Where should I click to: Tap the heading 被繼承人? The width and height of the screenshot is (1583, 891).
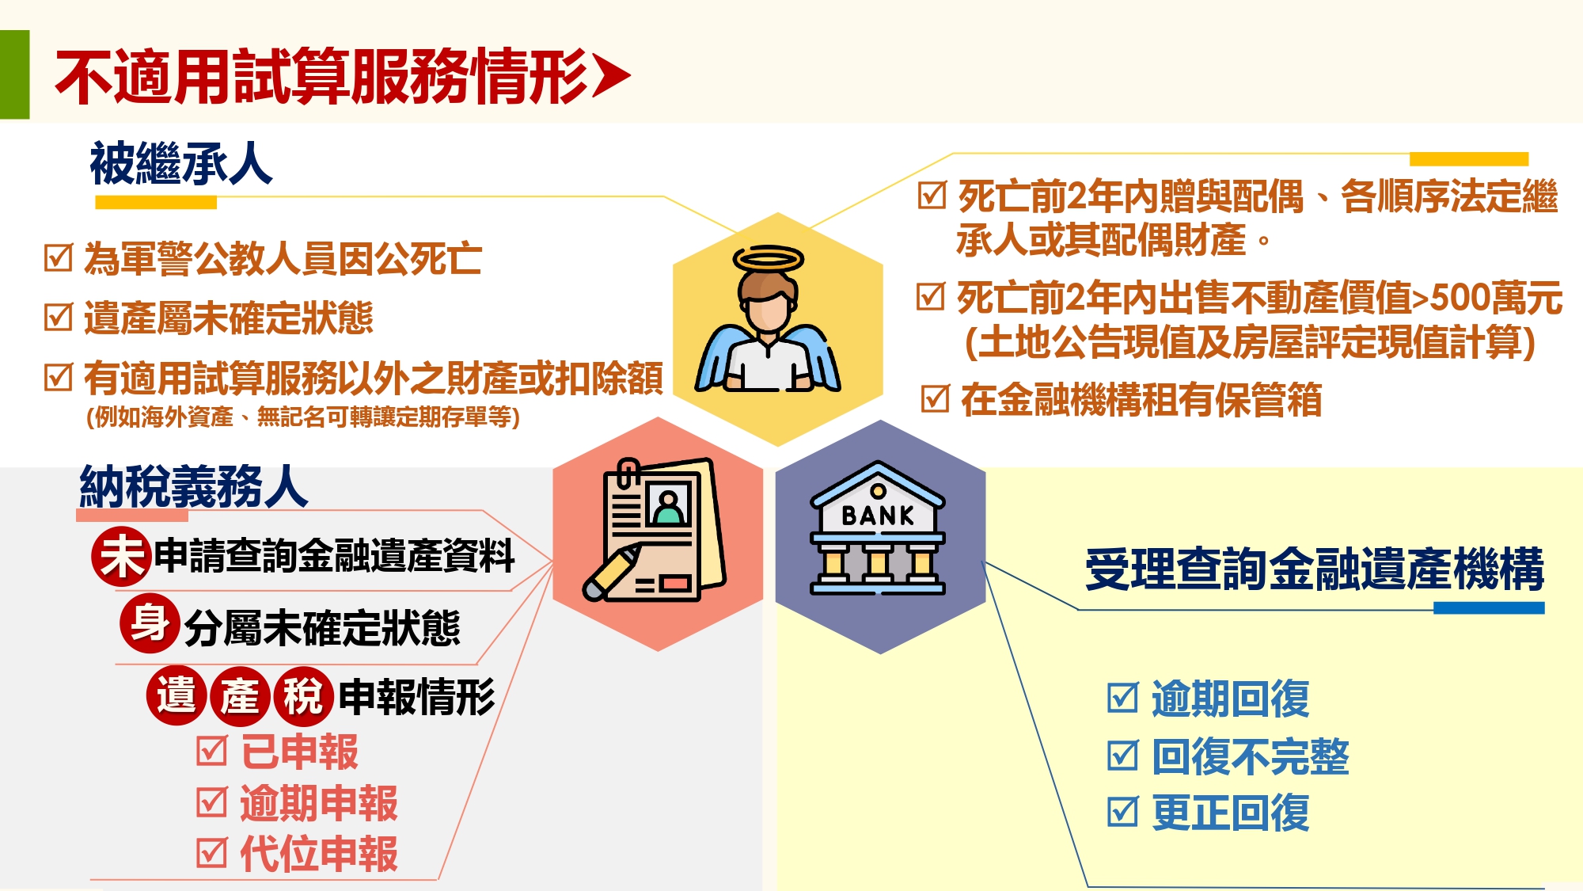(181, 164)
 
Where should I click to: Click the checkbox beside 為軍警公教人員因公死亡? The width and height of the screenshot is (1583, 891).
(59, 257)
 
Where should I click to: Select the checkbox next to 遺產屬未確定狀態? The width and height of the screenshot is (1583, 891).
(59, 317)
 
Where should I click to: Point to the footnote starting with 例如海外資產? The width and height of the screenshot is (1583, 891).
(303, 417)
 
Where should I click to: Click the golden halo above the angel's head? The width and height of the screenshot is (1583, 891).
(769, 259)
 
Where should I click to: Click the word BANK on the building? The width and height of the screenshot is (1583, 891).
(878, 516)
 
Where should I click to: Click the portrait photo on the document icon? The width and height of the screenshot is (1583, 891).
(669, 505)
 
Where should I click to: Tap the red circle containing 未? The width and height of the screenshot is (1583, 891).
(121, 556)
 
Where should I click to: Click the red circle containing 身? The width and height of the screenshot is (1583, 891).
(150, 623)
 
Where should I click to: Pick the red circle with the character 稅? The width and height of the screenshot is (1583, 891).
(303, 696)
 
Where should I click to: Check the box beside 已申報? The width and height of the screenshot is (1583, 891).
(212, 751)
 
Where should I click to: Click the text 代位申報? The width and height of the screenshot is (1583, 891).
(319, 854)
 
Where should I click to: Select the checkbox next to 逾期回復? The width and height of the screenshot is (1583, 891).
(1123, 698)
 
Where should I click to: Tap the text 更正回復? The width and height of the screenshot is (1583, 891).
(1231, 813)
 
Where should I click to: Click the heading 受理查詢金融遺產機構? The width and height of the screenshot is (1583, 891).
(1315, 569)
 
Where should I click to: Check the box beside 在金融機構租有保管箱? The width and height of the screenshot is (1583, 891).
(936, 398)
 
